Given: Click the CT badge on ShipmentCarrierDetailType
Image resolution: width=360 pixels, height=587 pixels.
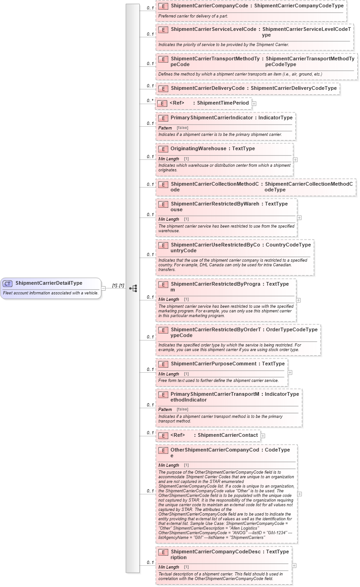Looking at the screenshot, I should [x=7, y=283].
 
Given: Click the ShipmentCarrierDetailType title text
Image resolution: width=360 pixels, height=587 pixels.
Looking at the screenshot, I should [x=49, y=283].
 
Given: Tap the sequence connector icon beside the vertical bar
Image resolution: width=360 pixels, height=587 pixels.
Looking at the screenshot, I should [x=133, y=288].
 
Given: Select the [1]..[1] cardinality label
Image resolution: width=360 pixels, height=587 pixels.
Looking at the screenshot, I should [x=118, y=286].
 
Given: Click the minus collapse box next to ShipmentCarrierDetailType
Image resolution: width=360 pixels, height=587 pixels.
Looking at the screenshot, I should [x=104, y=288].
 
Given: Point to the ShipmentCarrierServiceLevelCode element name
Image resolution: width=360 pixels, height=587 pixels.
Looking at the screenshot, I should [x=213, y=29].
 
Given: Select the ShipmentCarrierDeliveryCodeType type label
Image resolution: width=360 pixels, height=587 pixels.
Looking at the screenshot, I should [x=294, y=88].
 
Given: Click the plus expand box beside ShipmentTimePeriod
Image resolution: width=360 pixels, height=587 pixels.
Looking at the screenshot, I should [x=254, y=104].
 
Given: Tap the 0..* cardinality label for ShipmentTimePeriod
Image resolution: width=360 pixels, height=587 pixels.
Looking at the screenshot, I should [x=150, y=100].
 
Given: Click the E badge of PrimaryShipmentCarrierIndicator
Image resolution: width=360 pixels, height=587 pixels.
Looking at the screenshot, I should [x=163, y=118].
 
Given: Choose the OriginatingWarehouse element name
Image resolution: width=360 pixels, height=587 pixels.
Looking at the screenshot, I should [x=198, y=149].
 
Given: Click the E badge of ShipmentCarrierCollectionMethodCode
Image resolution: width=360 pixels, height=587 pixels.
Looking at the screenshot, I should [x=163, y=184].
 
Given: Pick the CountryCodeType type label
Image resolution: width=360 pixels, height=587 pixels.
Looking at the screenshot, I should [x=288, y=245].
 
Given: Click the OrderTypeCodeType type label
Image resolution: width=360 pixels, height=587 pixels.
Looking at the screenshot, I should [x=292, y=330].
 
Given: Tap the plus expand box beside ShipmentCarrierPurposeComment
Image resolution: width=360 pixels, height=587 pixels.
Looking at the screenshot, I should [x=290, y=372].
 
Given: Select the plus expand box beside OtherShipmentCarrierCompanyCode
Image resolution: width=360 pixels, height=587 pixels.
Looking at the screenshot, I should [x=300, y=493].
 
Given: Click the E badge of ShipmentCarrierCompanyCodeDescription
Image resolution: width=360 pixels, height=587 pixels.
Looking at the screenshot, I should [x=163, y=552].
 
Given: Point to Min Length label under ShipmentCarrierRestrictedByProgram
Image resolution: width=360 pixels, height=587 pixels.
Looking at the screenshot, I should [x=169, y=299].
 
